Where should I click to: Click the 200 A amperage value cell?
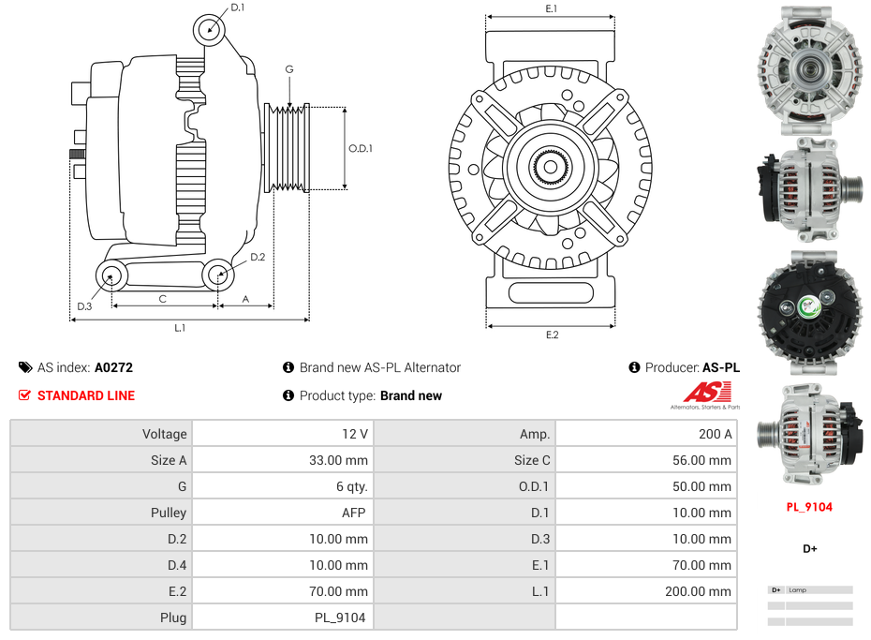click(x=715, y=434)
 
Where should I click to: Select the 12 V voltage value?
click(x=357, y=434)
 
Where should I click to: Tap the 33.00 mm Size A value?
click(x=339, y=460)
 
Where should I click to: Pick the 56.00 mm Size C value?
click(x=701, y=460)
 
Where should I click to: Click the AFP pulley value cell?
click(x=354, y=513)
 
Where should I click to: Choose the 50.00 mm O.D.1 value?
click(x=701, y=486)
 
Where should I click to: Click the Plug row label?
click(x=172, y=618)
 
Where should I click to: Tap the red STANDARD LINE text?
click(x=86, y=395)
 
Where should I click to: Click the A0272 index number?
click(x=113, y=367)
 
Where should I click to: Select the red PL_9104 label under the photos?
click(x=809, y=507)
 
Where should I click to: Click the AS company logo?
click(x=704, y=394)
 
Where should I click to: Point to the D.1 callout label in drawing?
click(x=237, y=7)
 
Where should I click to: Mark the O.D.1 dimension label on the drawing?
click(x=361, y=148)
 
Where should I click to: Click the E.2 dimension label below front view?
click(x=551, y=335)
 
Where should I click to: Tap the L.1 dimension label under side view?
click(x=180, y=327)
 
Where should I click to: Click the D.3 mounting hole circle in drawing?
click(x=111, y=275)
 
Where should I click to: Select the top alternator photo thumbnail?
click(x=809, y=66)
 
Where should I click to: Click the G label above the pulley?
click(x=289, y=70)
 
